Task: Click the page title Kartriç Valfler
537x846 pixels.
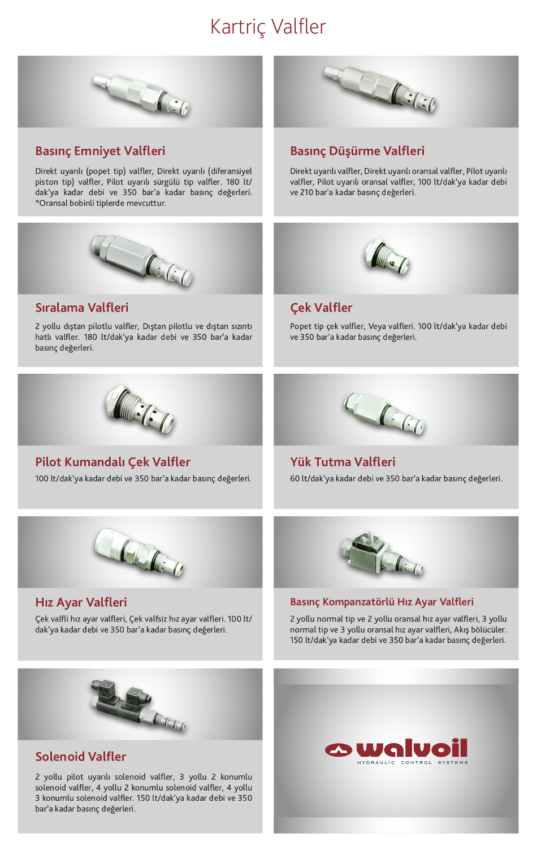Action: point(268,27)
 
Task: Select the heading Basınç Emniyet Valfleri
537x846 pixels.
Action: point(100,151)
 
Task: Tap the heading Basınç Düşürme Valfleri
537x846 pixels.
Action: point(357,151)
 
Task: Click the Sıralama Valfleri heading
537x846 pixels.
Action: point(82,308)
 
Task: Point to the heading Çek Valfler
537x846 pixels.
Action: point(321,308)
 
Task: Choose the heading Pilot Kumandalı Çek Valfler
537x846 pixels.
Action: point(112,462)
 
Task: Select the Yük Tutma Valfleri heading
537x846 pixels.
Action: point(343,462)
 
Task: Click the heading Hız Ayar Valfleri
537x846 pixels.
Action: point(81,602)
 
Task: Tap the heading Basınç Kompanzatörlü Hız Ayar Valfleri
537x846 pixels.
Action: point(382,602)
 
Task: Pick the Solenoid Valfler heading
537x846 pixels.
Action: point(80,757)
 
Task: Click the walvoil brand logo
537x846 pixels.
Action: point(396,748)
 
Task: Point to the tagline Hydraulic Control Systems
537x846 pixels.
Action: point(413,762)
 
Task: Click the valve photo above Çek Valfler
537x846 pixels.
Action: point(387,257)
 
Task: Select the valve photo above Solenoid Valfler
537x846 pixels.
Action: point(138,706)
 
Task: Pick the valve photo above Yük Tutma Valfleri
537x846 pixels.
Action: point(384,413)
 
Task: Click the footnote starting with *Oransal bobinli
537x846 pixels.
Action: point(101,203)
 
